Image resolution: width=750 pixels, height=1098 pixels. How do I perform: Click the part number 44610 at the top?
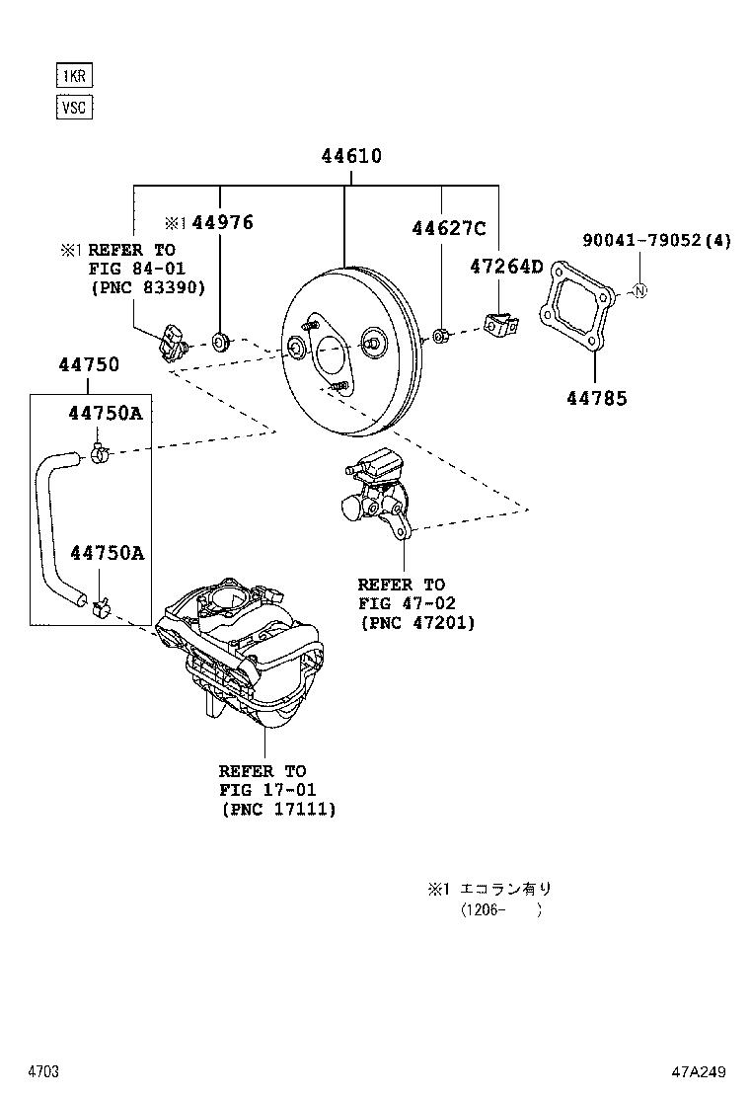pos(350,156)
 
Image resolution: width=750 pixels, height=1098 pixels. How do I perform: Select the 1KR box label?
pos(74,75)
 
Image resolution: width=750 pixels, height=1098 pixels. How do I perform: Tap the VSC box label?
pos(74,107)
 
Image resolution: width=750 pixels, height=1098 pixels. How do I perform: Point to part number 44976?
pos(222,223)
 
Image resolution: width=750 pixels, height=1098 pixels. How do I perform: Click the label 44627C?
pos(448,229)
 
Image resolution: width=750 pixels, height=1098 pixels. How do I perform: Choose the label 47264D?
pos(505,266)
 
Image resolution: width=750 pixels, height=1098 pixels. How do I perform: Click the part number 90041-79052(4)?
pos(656,241)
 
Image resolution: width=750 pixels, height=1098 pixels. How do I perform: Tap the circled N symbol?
pos(638,290)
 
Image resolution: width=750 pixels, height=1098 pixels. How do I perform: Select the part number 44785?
pos(596,398)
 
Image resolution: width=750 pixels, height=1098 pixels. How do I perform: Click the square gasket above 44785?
pos(576,306)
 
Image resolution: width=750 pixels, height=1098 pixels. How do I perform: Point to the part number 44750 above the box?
pos(88,364)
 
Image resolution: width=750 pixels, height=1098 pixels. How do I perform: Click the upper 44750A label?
pos(106,413)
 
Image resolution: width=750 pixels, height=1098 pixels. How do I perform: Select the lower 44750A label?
pos(106,553)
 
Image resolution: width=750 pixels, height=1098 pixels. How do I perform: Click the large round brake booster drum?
pos(345,351)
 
